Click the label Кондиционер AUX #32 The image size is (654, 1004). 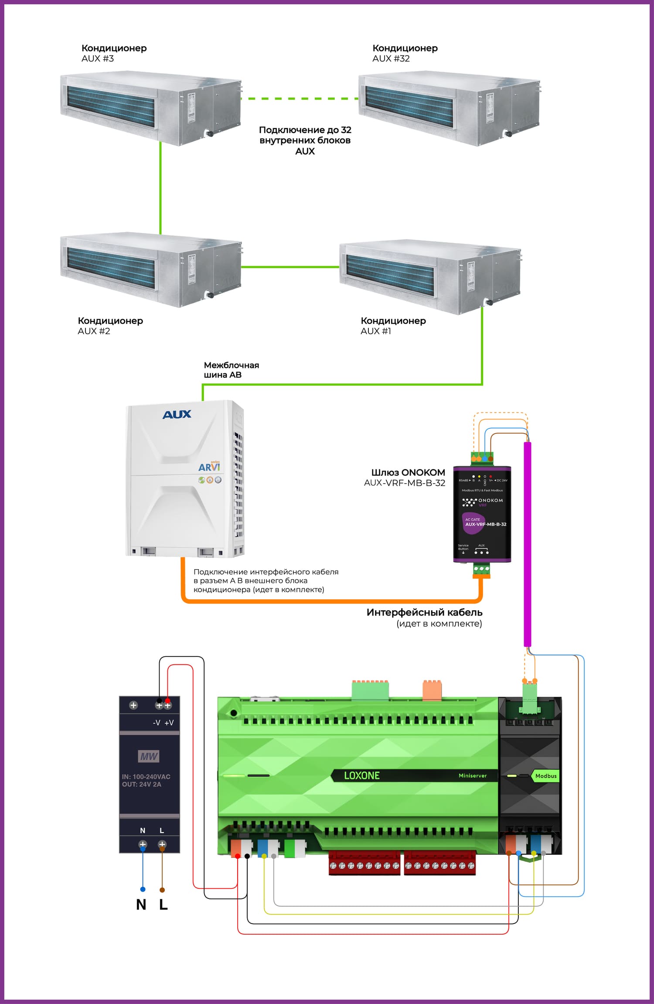(x=405, y=53)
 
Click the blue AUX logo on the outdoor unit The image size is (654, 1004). (x=177, y=414)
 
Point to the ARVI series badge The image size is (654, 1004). (x=209, y=467)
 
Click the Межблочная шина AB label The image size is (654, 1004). (x=231, y=370)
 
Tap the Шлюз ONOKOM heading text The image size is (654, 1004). (x=408, y=472)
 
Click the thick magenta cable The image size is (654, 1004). (x=527, y=545)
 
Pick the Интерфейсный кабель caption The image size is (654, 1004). (x=424, y=612)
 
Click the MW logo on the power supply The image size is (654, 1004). (x=149, y=756)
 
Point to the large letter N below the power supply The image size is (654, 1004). (x=141, y=905)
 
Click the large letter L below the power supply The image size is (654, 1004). (x=163, y=905)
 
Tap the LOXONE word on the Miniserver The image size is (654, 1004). (x=362, y=775)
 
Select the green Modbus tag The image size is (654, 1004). (x=545, y=776)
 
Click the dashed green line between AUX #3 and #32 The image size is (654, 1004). (x=300, y=99)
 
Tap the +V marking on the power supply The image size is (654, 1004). (x=169, y=723)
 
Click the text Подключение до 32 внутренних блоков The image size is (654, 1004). (x=305, y=135)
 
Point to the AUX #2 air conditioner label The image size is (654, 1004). (x=110, y=326)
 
